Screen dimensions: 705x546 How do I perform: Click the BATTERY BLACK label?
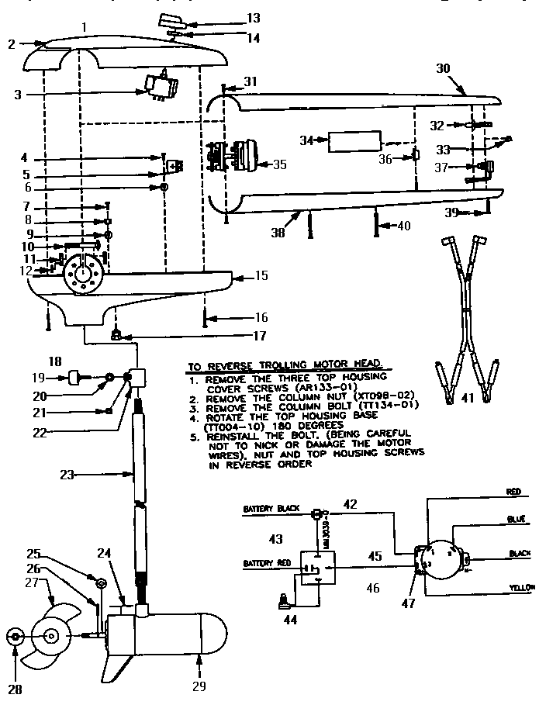[x=267, y=510]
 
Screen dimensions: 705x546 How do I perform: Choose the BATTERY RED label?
[x=266, y=562]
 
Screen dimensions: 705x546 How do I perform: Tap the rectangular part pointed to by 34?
[x=354, y=141]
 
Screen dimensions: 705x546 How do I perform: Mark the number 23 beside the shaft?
[x=69, y=474]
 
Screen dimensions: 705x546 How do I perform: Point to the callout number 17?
[x=258, y=337]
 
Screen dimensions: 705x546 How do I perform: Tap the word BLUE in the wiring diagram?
[x=518, y=519]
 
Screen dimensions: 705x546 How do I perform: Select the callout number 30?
[x=443, y=68]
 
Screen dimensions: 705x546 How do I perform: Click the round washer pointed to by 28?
[x=15, y=637]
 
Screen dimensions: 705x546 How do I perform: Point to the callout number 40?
[x=403, y=226]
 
